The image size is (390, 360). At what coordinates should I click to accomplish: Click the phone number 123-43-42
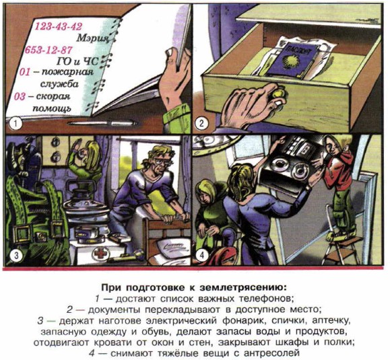pos(58,26)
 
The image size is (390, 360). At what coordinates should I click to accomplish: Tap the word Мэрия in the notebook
pos(92,38)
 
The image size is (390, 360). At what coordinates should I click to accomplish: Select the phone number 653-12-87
pos(48,50)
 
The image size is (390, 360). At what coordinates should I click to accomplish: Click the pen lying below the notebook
pos(102,123)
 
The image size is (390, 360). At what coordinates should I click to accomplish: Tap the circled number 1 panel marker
pos(15,124)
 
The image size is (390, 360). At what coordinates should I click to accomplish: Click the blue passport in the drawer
pos(293,60)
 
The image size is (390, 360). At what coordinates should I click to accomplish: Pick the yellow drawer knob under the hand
pos(280,94)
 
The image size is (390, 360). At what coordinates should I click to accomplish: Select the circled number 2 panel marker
pos(201,124)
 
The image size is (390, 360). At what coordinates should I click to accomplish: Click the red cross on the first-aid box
pos(100,254)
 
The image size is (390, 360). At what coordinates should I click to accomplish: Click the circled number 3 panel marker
pos(16,255)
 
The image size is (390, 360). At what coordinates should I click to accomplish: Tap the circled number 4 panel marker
pos(201,255)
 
